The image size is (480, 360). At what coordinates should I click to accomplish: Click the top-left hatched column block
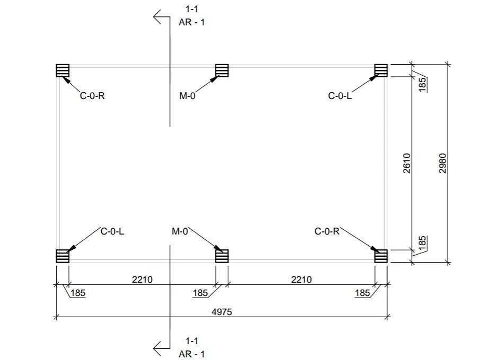[63, 70]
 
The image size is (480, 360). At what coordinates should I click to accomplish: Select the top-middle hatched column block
[222, 70]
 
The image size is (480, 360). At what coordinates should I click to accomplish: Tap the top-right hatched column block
[381, 70]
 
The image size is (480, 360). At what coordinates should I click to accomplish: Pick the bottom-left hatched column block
[63, 256]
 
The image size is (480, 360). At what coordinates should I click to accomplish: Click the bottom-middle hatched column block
[222, 256]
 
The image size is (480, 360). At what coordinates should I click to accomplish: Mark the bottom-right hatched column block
[381, 256]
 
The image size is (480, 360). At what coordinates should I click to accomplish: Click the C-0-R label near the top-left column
[92, 96]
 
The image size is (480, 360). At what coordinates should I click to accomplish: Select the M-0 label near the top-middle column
[188, 96]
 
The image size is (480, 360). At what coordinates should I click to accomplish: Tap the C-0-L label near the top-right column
[340, 96]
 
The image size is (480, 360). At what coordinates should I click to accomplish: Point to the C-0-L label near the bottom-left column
[112, 231]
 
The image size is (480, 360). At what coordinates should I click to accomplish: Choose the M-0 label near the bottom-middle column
[180, 231]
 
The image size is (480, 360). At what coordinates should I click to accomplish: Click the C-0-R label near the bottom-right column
[327, 231]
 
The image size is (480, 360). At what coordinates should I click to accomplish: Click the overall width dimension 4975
[222, 312]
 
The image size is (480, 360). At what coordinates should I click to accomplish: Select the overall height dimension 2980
[443, 164]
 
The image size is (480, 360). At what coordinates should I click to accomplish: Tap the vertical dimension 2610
[406, 164]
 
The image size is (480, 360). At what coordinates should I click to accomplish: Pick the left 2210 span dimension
[143, 280]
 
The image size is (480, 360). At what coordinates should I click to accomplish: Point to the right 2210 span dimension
[301, 280]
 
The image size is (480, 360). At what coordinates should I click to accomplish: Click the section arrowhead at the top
[157, 17]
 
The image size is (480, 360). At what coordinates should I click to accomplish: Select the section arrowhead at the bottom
[157, 348]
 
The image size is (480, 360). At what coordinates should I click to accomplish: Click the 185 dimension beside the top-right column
[422, 84]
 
